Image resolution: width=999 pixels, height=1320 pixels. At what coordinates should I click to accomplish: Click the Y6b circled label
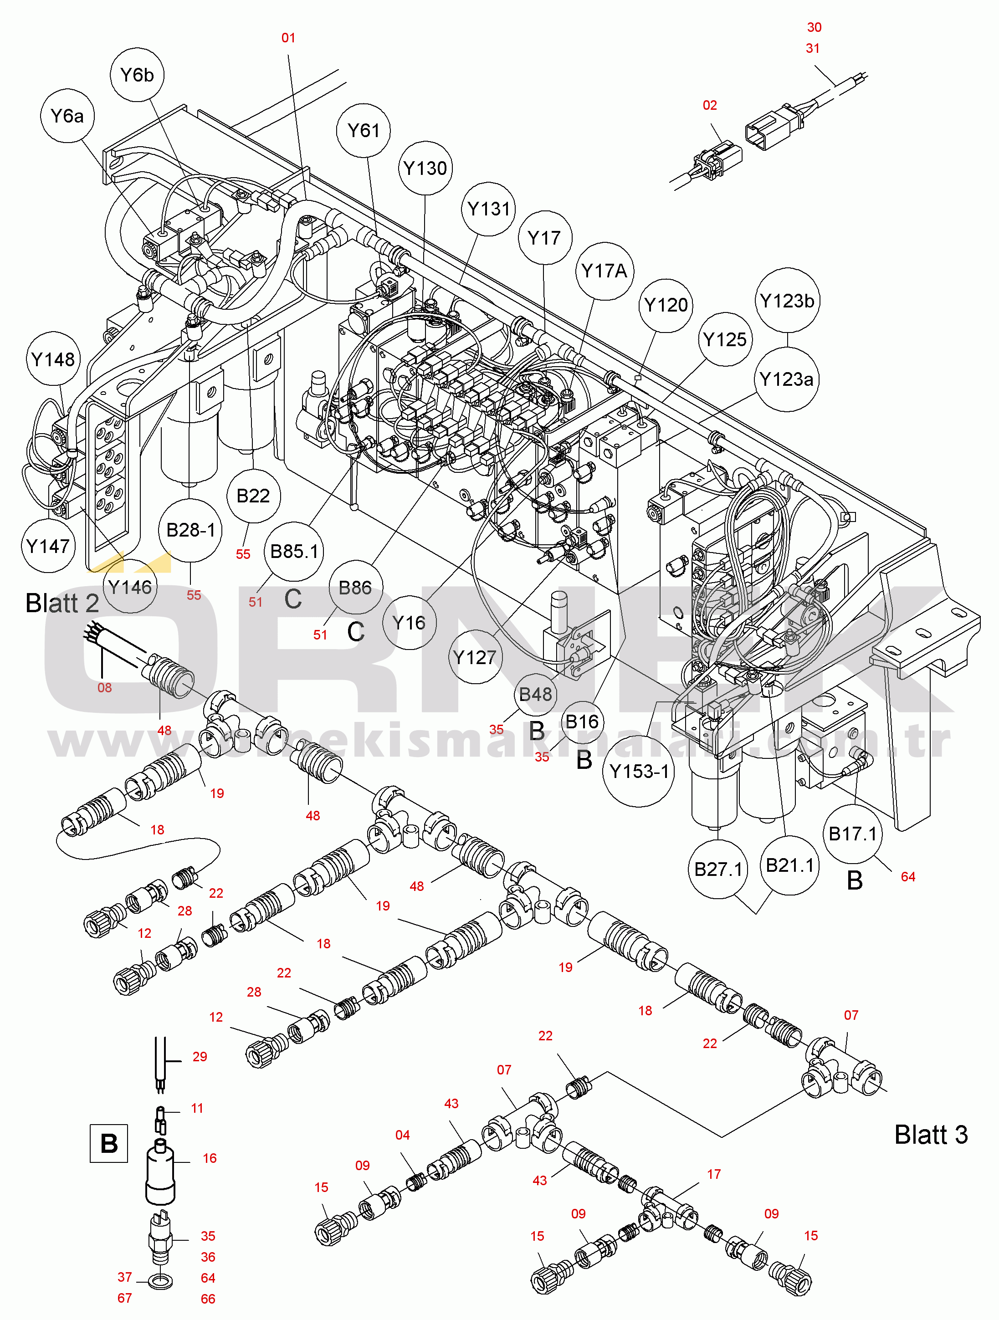137,75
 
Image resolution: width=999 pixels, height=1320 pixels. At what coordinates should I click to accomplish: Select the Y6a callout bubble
67,116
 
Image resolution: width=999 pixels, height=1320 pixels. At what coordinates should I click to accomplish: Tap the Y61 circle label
363,130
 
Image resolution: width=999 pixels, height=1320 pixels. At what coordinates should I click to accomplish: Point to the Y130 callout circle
425,168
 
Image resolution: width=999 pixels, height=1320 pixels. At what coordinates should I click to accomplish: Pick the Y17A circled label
604,271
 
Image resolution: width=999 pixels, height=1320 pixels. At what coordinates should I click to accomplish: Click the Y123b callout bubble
787,301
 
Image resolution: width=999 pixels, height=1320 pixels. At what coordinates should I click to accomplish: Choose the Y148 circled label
53,359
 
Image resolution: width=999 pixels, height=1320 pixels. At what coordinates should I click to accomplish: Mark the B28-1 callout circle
190,530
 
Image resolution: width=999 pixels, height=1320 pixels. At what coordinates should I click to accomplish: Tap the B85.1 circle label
294,552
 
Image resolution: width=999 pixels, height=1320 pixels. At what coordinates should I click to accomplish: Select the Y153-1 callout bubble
639,771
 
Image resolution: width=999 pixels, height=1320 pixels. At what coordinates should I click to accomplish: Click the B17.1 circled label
852,834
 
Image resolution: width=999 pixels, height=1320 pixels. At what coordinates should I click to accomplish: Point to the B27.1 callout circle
718,869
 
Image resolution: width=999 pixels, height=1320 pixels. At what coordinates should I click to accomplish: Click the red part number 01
288,38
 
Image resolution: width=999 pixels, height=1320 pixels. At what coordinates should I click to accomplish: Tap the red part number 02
710,106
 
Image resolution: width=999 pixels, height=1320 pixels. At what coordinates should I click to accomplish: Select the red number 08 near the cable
104,687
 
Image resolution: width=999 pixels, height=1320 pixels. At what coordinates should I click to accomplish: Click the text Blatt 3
930,1135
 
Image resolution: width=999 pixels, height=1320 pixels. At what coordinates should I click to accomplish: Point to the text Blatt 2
62,604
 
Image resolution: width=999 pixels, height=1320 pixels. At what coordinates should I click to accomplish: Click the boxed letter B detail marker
108,1143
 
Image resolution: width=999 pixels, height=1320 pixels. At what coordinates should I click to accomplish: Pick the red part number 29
200,1056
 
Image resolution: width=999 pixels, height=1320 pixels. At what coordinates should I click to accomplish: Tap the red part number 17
714,1174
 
